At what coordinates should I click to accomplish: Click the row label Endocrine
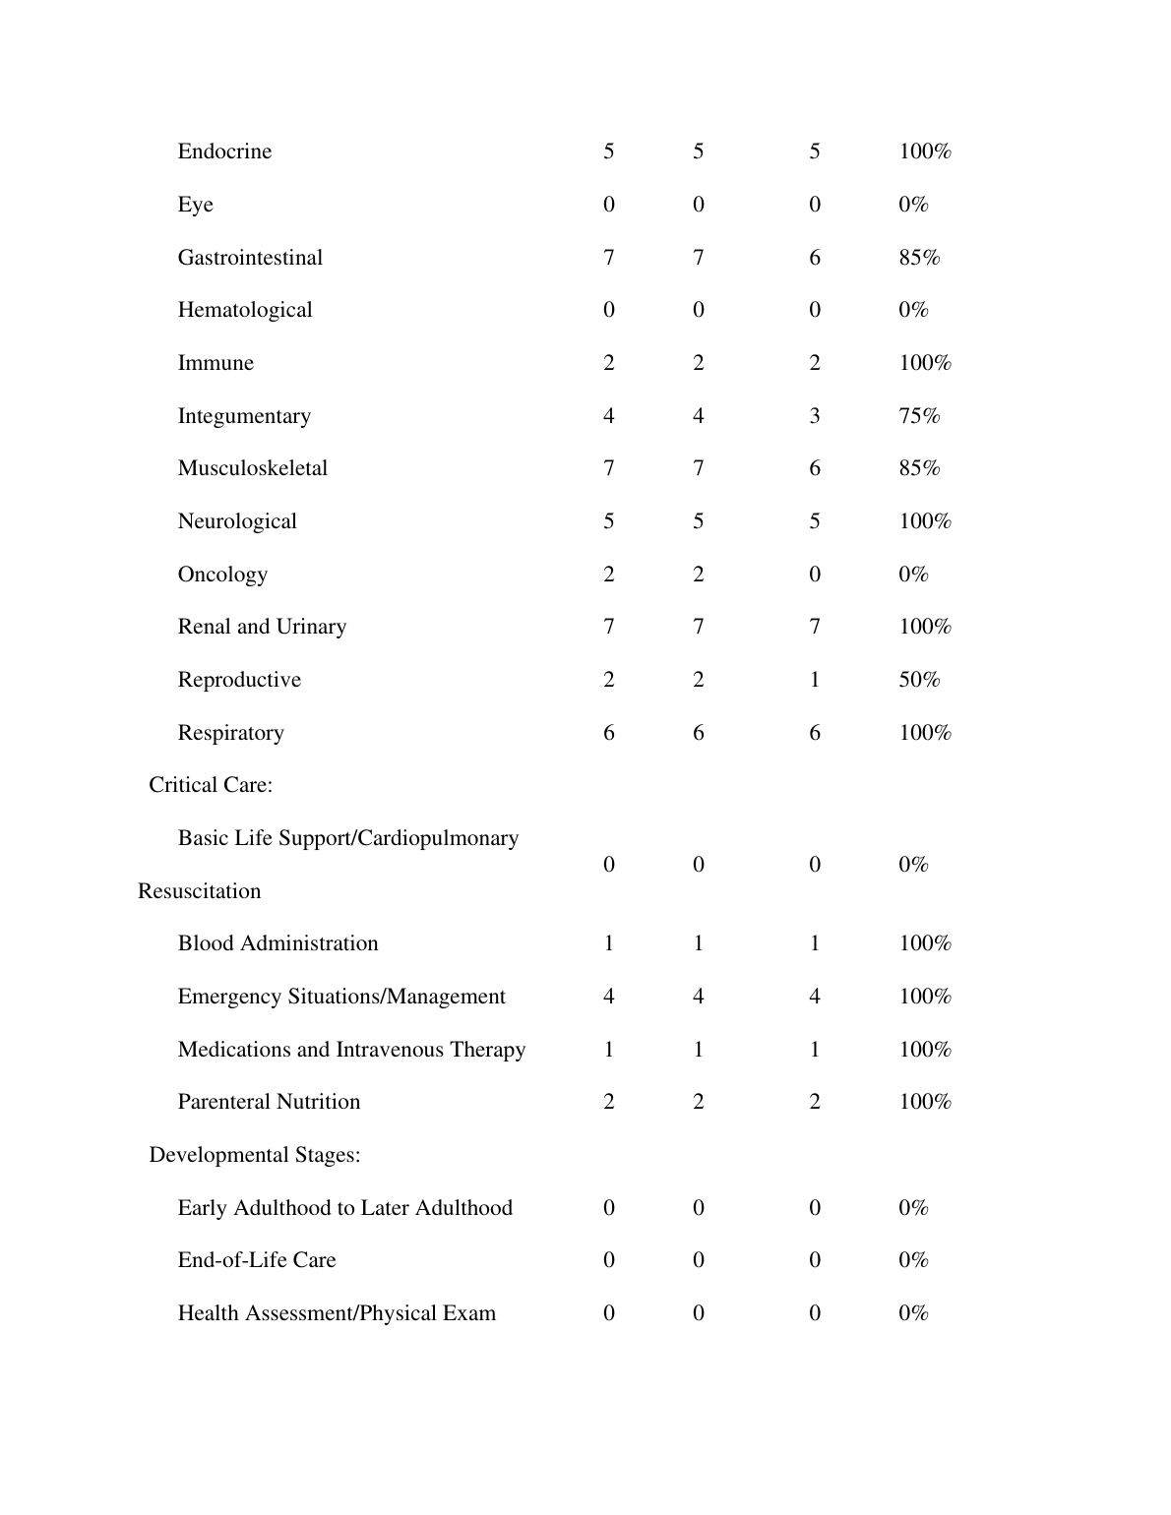(x=224, y=151)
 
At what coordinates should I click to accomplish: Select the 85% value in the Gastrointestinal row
(x=919, y=258)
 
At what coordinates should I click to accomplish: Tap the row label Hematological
(x=244, y=310)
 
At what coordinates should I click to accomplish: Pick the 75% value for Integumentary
(x=919, y=416)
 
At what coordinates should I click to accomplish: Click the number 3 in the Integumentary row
(x=815, y=416)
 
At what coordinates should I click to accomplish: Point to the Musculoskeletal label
(x=252, y=468)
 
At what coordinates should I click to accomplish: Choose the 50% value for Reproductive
(x=919, y=680)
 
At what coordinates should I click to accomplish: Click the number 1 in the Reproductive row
(x=815, y=680)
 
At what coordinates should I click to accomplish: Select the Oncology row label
(x=222, y=575)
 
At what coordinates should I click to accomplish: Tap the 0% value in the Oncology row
(x=913, y=575)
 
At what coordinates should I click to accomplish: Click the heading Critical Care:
(x=211, y=785)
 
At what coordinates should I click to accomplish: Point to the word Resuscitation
(x=199, y=891)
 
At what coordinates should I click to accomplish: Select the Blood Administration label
(x=277, y=943)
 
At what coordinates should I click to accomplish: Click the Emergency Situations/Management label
(x=341, y=997)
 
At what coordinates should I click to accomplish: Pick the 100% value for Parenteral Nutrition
(x=925, y=1102)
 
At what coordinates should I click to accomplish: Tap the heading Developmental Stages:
(x=254, y=1155)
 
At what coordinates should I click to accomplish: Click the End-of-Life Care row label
(x=256, y=1260)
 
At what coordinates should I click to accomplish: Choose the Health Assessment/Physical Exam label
(x=337, y=1313)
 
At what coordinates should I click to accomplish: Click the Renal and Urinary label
(x=262, y=627)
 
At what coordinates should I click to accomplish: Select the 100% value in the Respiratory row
(x=925, y=733)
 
